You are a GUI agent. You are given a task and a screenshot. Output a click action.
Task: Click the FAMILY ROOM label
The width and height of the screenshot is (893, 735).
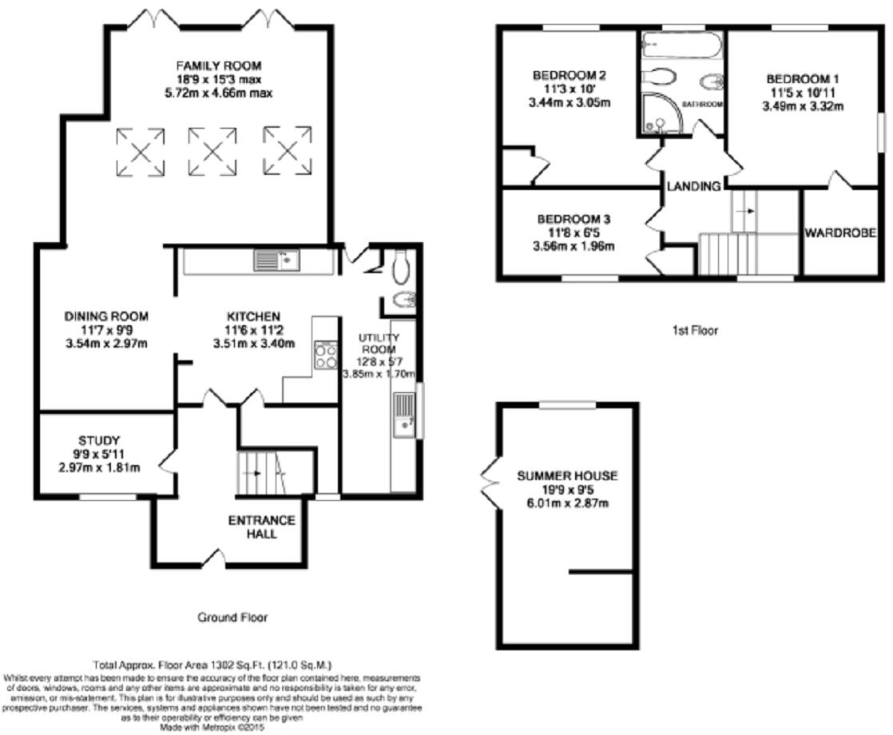(219, 66)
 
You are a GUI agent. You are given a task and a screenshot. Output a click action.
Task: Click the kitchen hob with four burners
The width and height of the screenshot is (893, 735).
(326, 355)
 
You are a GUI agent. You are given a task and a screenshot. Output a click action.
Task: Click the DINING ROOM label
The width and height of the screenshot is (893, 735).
(106, 316)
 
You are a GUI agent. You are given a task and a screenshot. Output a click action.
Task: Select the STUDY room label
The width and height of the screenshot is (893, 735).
(99, 440)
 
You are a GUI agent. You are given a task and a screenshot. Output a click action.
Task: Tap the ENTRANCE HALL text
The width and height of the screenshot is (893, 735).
(262, 526)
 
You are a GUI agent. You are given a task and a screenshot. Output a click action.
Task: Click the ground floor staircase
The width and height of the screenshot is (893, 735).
(263, 473)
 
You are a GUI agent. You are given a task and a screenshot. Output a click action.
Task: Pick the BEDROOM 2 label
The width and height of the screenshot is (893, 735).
(570, 76)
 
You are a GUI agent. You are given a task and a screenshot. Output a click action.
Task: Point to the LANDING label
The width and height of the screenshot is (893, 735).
(694, 186)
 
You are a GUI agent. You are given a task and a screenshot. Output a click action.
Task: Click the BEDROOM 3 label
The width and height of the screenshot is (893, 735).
(574, 219)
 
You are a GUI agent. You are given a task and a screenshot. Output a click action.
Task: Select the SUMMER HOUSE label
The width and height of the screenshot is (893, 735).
(567, 475)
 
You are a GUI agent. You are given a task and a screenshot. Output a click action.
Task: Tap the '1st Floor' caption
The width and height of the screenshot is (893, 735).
(695, 330)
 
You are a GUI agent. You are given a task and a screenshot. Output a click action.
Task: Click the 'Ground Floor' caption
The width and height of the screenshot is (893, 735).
(232, 618)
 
